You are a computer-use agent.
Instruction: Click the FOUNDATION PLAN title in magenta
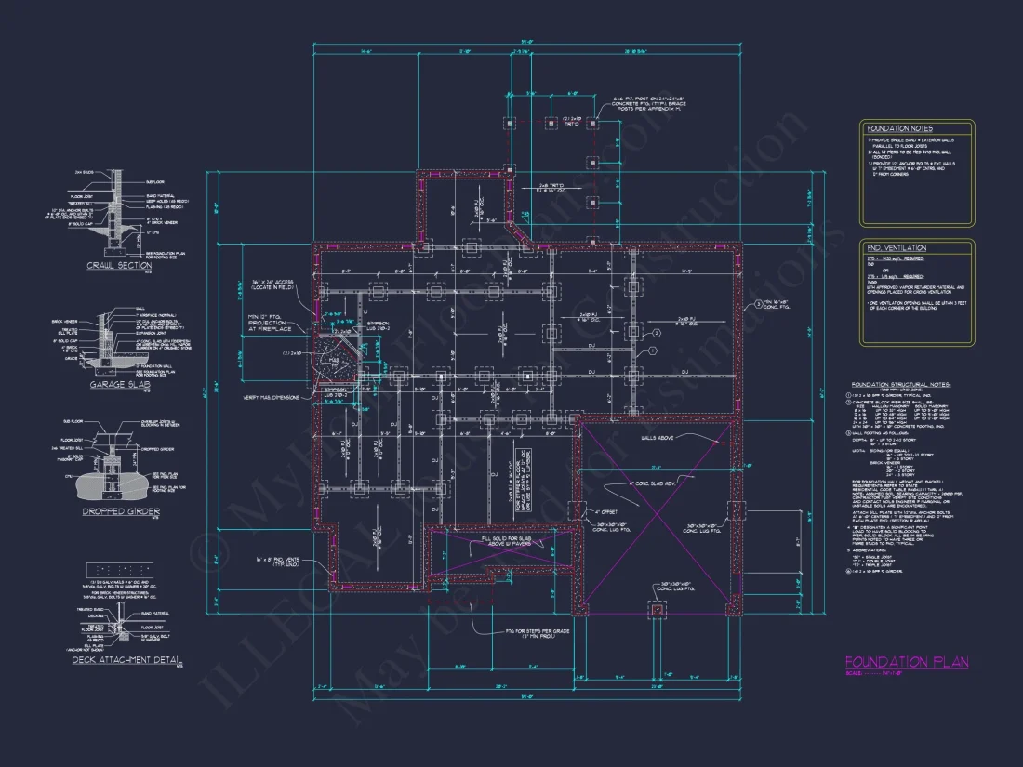coord(906,662)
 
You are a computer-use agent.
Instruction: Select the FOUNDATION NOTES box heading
coord(899,128)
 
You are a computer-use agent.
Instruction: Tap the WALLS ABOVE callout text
coord(658,437)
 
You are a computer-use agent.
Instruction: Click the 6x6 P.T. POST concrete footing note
coord(646,104)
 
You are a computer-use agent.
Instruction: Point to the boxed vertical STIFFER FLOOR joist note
coord(512,483)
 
